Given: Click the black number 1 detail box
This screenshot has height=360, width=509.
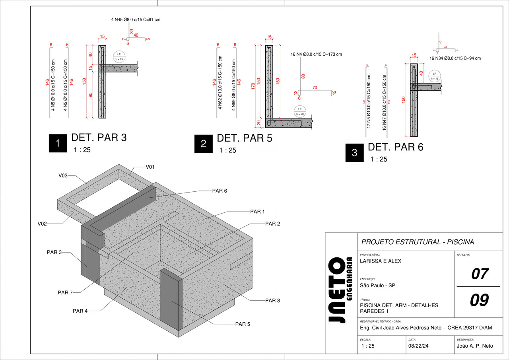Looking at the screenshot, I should click(x=58, y=144).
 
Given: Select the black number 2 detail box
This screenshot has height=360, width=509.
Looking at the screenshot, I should click(x=203, y=144).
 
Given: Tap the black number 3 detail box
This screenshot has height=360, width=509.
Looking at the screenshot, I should click(x=354, y=152).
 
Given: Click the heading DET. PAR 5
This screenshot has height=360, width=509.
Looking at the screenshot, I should click(x=244, y=138).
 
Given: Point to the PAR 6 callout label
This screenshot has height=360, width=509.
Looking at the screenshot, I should click(x=220, y=191).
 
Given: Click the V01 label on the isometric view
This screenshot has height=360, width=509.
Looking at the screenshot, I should click(x=150, y=167).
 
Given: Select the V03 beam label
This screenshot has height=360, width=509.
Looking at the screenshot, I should click(x=63, y=175).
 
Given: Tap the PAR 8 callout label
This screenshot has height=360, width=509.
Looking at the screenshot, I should click(x=272, y=301).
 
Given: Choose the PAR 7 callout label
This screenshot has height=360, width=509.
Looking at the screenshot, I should click(x=65, y=293).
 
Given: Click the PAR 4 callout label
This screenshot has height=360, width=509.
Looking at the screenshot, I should click(x=80, y=311).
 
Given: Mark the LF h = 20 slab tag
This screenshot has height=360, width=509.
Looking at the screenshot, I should click(x=300, y=111).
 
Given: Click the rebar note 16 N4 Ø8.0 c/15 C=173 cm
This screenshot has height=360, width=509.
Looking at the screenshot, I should click(x=316, y=54).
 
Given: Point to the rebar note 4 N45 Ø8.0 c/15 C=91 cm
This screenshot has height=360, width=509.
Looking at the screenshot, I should click(x=136, y=19).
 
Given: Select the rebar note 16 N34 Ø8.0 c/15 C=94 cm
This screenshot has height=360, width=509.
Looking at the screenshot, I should click(x=455, y=58).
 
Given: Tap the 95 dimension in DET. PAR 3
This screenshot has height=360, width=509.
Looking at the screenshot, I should click(x=90, y=95).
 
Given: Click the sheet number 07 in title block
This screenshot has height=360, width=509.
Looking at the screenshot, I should click(x=480, y=274).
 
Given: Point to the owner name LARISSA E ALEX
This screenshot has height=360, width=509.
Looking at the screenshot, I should click(x=380, y=261).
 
